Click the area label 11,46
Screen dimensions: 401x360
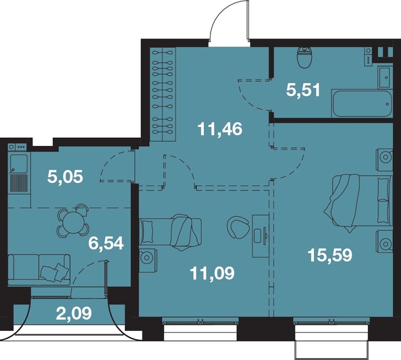click(x=220, y=129)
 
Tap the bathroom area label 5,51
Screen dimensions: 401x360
click(x=303, y=90)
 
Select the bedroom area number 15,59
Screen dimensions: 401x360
click(x=330, y=255)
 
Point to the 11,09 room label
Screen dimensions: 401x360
click(x=212, y=274)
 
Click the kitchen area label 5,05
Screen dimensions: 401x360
click(x=65, y=177)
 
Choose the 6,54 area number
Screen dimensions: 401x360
click(x=106, y=243)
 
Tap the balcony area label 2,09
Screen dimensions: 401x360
click(x=74, y=313)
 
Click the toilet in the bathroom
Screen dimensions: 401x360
click(x=304, y=57)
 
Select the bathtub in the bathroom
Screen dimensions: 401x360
click(x=362, y=103)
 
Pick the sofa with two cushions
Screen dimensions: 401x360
click(x=39, y=269)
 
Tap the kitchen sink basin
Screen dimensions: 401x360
click(x=18, y=163)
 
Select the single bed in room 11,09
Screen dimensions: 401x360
click(x=170, y=232)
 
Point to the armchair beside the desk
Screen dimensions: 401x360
click(x=238, y=227)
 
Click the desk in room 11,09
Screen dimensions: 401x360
click(x=261, y=236)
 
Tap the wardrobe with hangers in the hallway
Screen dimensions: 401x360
click(x=163, y=94)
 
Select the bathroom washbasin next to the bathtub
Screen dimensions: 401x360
click(x=385, y=77)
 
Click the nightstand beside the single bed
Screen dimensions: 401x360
click(x=148, y=257)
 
